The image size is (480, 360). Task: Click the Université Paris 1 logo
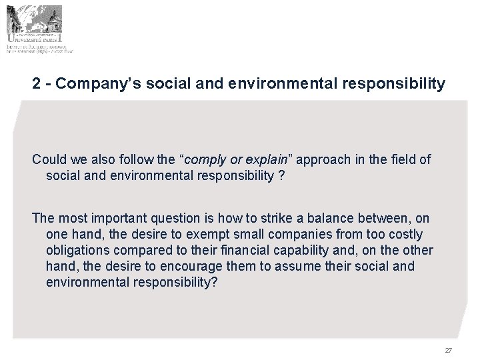[40, 28]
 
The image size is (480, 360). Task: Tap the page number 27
[448, 350]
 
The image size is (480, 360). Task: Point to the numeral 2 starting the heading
[37, 84]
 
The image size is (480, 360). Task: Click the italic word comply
[206, 160]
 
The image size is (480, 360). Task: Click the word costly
[405, 235]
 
